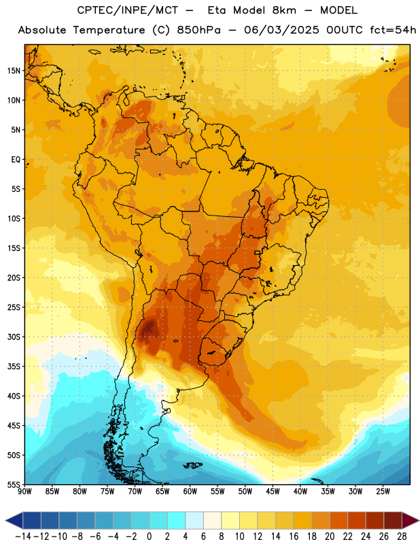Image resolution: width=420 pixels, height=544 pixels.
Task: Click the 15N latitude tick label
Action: [x=14, y=71]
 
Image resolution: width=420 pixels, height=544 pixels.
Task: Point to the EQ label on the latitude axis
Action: [x=16, y=160]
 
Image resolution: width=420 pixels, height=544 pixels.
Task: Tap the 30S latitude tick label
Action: [x=14, y=337]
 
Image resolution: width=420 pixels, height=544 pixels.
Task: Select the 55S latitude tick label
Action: [x=14, y=485]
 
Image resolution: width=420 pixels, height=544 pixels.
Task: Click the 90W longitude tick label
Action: [x=24, y=492]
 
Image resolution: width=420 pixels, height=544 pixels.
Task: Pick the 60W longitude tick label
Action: [x=190, y=492]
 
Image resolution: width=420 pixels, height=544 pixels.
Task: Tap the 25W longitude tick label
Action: [x=383, y=492]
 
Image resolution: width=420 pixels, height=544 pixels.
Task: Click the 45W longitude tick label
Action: [x=273, y=492]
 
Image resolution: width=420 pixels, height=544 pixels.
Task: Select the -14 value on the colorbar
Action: [x=23, y=537]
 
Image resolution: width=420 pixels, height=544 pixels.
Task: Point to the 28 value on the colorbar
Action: [x=402, y=537]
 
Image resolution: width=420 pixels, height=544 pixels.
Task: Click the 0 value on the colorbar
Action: [x=149, y=537]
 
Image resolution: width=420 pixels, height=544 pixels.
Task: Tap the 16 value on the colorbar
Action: [x=294, y=537]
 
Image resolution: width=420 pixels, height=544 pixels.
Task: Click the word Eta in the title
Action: [x=217, y=10]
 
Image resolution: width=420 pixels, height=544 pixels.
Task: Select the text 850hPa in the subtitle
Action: [x=198, y=30]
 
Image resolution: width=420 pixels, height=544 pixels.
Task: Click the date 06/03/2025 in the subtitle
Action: [x=281, y=30]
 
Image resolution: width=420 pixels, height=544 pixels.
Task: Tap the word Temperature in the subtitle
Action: [x=109, y=30]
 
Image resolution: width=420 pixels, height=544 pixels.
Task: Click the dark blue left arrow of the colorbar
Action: [x=14, y=521]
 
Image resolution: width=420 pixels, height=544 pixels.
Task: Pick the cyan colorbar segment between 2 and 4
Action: [x=176, y=521]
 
